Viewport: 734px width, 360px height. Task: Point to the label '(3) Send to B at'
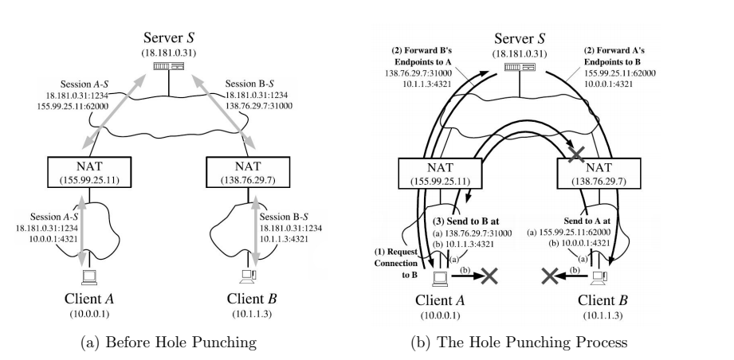[465, 221]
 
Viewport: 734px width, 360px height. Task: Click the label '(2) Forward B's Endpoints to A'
[423, 57]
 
